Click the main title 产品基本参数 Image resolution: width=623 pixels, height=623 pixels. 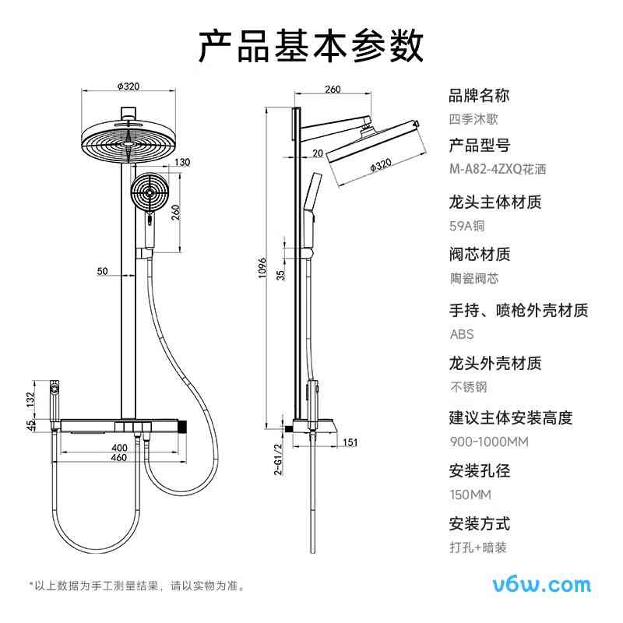[x=311, y=46]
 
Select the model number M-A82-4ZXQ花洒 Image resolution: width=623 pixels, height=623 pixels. [x=498, y=169]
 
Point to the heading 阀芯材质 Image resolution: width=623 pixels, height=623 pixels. [x=480, y=255]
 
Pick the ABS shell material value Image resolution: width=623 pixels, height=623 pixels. [x=461, y=334]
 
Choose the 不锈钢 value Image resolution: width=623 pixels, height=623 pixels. [x=468, y=387]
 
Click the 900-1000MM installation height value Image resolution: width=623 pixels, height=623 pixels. [x=489, y=442]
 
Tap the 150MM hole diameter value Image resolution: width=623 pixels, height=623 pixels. [x=470, y=495]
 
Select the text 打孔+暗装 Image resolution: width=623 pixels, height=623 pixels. [x=478, y=547]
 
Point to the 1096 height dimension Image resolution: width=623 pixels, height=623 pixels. [x=262, y=269]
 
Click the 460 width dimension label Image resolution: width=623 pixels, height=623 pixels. [x=118, y=458]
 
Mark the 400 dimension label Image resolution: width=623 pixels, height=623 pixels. [x=118, y=447]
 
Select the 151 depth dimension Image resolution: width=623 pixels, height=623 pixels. [x=350, y=443]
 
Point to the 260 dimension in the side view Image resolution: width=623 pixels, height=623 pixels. [x=333, y=90]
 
